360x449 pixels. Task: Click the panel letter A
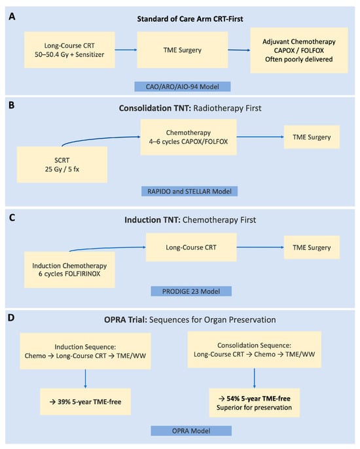point(12,16)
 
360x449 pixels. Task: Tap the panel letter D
point(11,317)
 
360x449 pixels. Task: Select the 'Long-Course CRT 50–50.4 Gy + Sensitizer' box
point(69,50)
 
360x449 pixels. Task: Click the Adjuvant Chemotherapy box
point(299,50)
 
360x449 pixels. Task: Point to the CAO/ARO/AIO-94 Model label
point(183,86)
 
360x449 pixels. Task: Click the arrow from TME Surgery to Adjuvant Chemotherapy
point(239,50)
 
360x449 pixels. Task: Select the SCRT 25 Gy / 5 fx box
point(62,165)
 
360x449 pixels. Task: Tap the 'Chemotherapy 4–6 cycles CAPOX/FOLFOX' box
point(189,137)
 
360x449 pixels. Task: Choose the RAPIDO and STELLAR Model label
point(189,191)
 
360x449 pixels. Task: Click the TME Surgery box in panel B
point(312,137)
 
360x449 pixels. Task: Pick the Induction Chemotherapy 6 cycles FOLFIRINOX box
point(69,270)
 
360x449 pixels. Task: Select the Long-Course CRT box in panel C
point(191,247)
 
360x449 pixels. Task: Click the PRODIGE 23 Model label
point(191,291)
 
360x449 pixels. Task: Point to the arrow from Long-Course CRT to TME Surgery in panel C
point(261,247)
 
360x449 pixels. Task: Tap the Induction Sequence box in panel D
point(85,351)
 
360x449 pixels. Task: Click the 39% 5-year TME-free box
point(85,402)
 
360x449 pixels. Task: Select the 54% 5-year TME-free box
point(255,403)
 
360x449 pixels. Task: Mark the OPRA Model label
point(191,431)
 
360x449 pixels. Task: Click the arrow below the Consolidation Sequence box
point(255,378)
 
